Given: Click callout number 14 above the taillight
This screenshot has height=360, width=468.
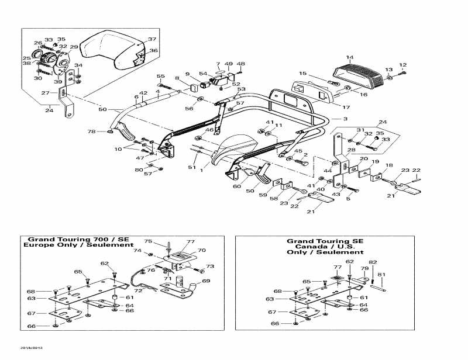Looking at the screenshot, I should click(x=349, y=57).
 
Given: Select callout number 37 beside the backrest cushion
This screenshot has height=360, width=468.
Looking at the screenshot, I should click(x=152, y=40).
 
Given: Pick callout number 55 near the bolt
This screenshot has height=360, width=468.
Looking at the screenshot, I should click(x=160, y=77).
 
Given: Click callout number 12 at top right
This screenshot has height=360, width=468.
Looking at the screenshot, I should click(x=402, y=65).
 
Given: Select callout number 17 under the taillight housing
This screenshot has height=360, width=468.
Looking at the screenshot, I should click(x=346, y=108).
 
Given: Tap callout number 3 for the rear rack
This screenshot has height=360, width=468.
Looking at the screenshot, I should click(x=345, y=119).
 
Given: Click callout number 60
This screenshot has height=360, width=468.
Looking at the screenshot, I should click(x=236, y=186).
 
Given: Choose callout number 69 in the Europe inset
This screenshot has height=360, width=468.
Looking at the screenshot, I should click(x=205, y=281).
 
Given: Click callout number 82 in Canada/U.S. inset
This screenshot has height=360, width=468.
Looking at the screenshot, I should click(x=373, y=262).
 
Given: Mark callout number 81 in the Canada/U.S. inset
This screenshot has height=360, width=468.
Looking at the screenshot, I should click(x=381, y=274).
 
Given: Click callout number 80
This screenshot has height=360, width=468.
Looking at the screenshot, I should click(x=138, y=170).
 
